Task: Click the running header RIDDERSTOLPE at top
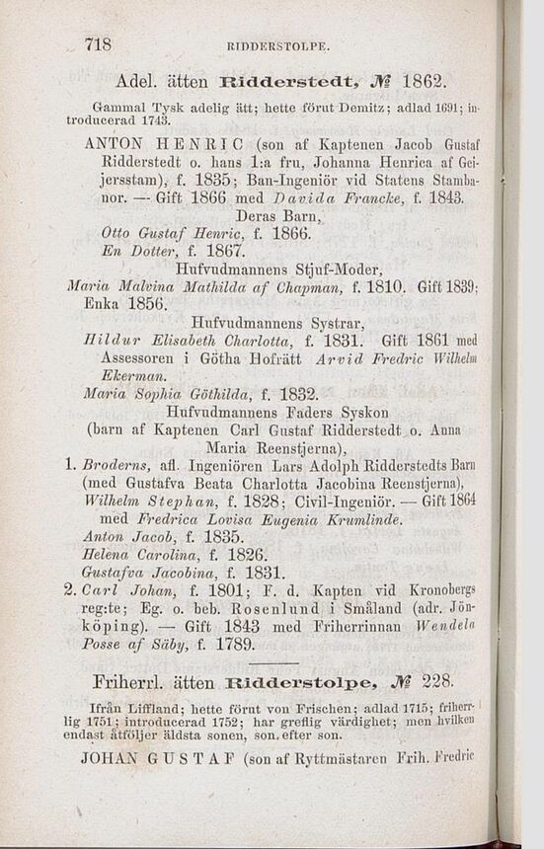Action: pos(278,46)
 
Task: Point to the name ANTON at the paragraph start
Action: pos(117,143)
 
